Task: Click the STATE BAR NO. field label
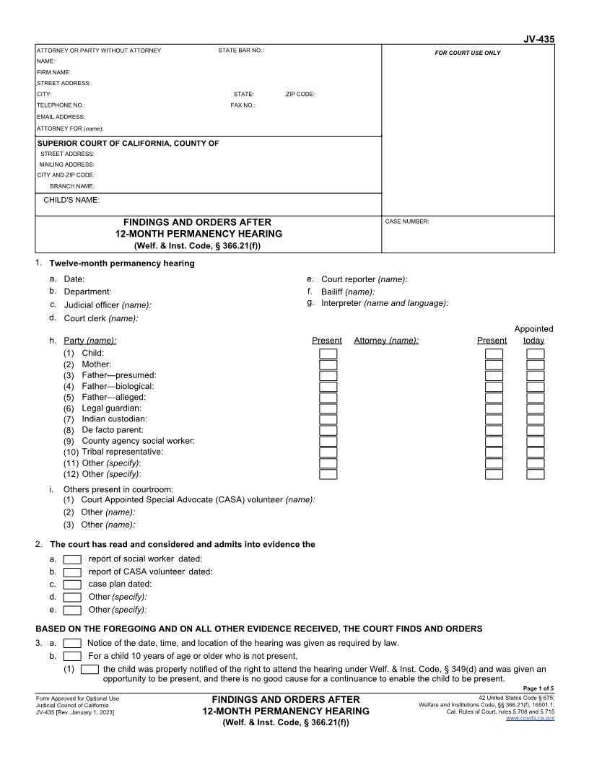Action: tap(241, 51)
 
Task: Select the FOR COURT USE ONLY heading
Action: tap(467, 53)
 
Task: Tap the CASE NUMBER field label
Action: tap(407, 222)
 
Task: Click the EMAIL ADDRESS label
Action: tap(61, 116)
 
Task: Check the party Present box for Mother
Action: tap(328, 364)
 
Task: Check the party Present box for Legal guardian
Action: tap(328, 408)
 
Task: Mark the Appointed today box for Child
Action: tap(536, 354)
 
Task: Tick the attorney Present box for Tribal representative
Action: tap(494, 452)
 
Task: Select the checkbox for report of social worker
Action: tap(72, 559)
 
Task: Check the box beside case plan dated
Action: tap(72, 584)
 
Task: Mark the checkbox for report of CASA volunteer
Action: tap(72, 572)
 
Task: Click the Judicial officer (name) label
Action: tap(108, 305)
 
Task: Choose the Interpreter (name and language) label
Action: tap(385, 303)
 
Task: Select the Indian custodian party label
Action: tap(114, 419)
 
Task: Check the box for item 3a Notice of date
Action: tap(72, 643)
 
